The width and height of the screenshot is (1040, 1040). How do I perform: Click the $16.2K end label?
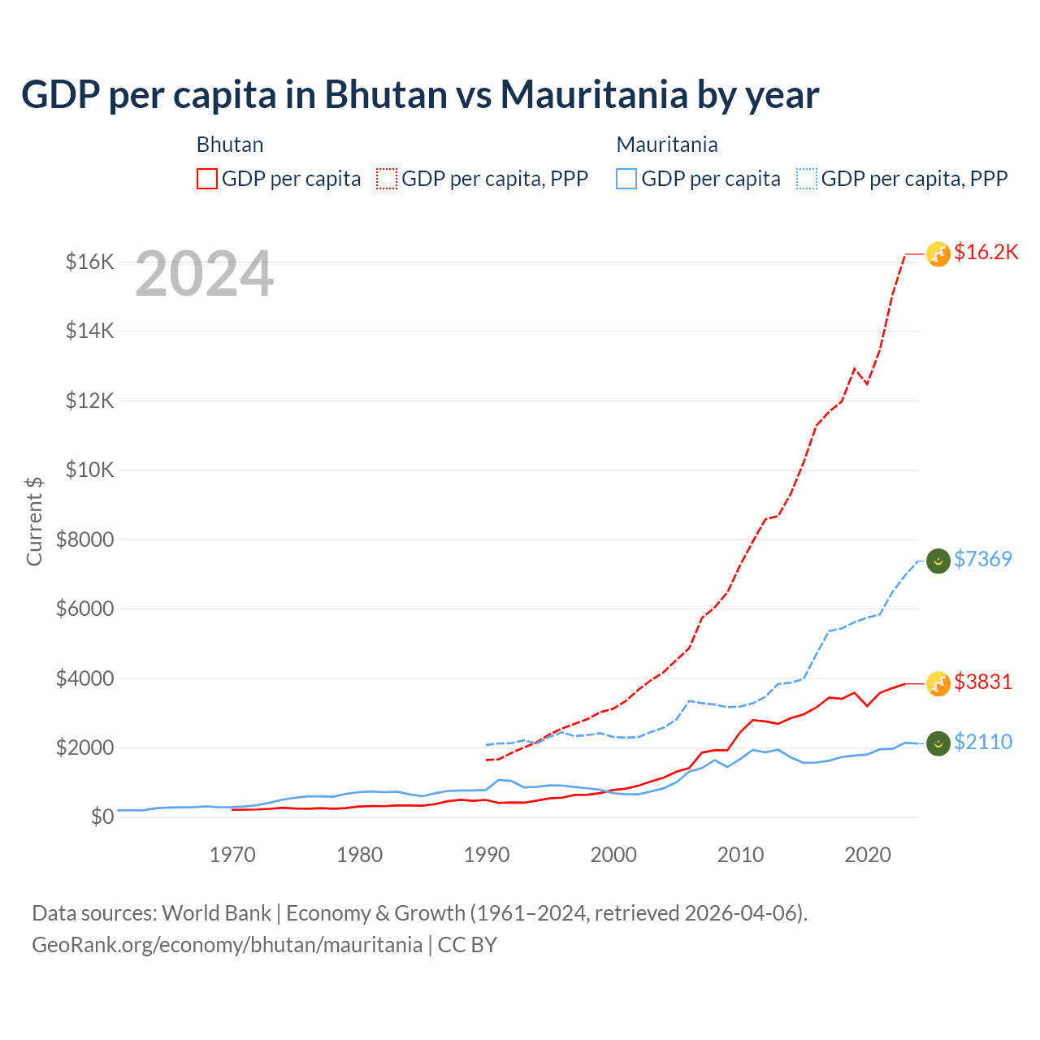point(986,253)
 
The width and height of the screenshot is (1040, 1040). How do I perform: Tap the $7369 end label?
point(982,559)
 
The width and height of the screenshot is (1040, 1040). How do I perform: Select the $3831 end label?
point(982,682)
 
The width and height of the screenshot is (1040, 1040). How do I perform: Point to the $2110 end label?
point(982,742)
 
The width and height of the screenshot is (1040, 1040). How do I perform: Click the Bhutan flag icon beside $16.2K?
point(938,254)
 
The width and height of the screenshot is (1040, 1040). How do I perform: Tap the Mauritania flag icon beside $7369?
point(938,561)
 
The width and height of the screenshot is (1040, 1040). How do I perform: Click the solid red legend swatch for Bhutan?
point(207,179)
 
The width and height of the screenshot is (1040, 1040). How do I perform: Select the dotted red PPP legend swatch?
point(387,179)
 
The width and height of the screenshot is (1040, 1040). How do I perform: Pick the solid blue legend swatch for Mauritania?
point(626,179)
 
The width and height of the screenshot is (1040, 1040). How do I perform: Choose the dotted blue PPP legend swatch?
point(807,179)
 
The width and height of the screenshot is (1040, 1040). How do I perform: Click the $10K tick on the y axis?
point(89,470)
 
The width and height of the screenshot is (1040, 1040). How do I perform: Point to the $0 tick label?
point(102,817)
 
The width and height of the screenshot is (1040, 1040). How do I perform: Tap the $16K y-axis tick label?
point(89,262)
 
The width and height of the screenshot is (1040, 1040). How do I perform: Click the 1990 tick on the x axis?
point(487,855)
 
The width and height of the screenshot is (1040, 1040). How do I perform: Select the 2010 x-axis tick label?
point(740,855)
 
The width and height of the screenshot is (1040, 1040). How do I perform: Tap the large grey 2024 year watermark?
point(204,275)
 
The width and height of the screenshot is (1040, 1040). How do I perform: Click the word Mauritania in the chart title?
point(594,95)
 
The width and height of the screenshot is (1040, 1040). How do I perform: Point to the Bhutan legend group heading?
point(230,145)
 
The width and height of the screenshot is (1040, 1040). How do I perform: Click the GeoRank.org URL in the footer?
point(227,945)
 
